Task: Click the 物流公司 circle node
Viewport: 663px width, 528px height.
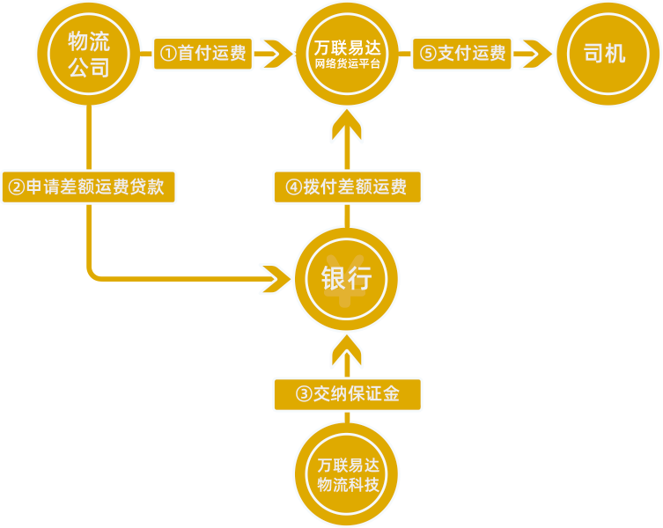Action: [89, 54]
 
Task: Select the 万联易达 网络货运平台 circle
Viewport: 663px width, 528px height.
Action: [348, 54]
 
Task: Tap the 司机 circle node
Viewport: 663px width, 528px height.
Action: [607, 54]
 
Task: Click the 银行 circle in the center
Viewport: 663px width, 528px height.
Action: [346, 280]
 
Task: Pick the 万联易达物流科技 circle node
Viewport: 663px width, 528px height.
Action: [347, 475]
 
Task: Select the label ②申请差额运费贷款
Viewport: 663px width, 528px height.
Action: [88, 187]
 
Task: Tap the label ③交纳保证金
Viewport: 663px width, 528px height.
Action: [347, 394]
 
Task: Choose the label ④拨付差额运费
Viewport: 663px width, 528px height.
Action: [347, 187]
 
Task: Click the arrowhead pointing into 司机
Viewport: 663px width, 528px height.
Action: [535, 55]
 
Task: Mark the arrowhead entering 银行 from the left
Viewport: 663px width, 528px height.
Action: [280, 280]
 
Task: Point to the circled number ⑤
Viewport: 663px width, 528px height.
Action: [427, 55]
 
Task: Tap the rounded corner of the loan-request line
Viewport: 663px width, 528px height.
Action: [93, 275]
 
